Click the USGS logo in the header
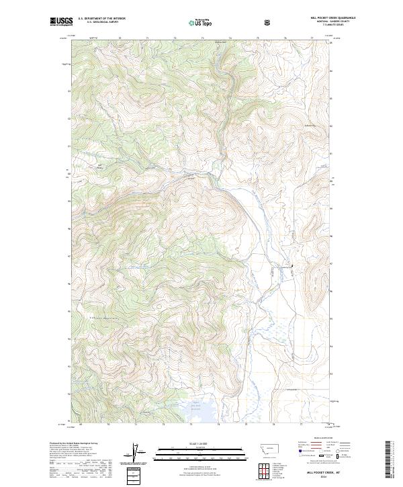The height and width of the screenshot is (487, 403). click(x=61, y=21)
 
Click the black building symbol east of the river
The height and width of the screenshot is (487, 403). click(x=292, y=267)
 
